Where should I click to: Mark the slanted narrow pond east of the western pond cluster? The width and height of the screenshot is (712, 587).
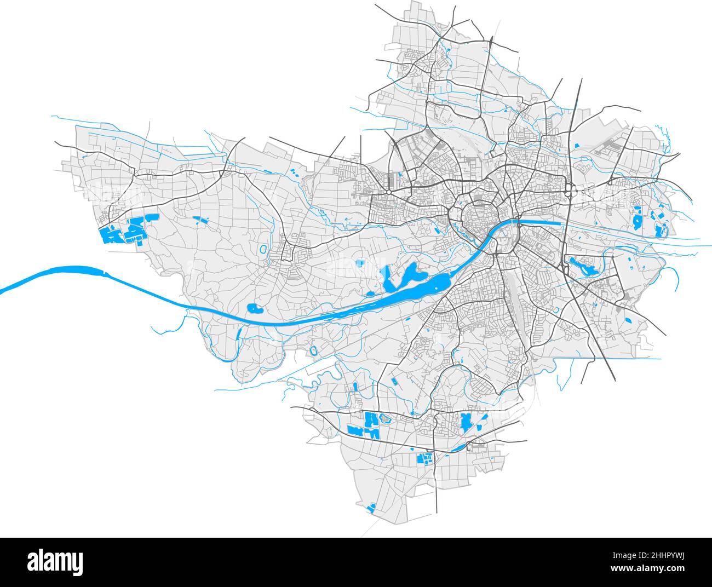tap(200, 221)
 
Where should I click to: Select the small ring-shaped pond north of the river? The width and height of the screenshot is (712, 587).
tap(264, 250)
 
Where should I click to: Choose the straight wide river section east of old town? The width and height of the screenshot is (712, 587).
tap(539, 222)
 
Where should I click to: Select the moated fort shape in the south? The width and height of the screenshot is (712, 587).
tap(314, 350)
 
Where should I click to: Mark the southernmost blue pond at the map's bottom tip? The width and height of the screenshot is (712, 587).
tap(371, 508)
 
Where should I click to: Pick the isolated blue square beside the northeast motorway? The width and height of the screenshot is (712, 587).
tap(577, 146)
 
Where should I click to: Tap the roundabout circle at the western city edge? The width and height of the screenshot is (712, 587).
tap(388, 193)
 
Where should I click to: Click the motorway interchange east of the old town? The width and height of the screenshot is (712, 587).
tap(570, 192)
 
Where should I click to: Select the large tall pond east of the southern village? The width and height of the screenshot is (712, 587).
tap(467, 422)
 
